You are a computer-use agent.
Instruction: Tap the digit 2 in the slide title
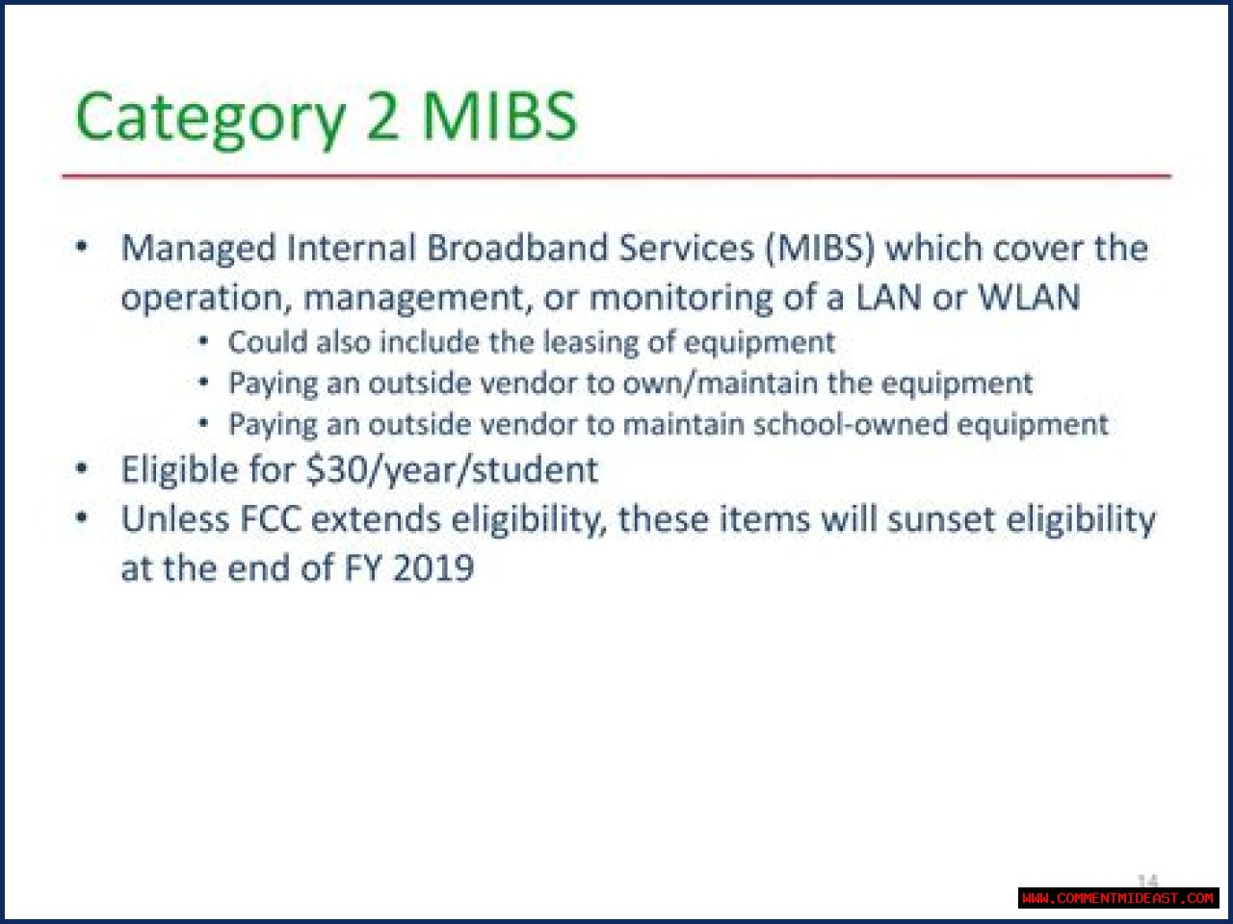pyautogui.click(x=382, y=116)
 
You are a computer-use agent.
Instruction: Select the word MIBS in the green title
pyautogui.click(x=499, y=116)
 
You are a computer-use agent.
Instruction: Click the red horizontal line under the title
pyautogui.click(x=616, y=175)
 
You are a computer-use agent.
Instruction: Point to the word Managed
pyautogui.click(x=198, y=249)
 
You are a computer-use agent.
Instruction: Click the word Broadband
pyautogui.click(x=517, y=248)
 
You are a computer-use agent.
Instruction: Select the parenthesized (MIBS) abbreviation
pyautogui.click(x=820, y=248)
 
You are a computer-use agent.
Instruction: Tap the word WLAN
pyautogui.click(x=1030, y=297)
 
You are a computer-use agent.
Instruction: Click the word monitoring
pyautogui.click(x=681, y=299)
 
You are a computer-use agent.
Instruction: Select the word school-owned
pyautogui.click(x=851, y=424)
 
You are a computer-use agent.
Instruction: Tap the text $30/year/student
pyautogui.click(x=452, y=470)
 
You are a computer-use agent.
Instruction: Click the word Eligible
pyautogui.click(x=180, y=470)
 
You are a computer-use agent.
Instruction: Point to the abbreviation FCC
pyautogui.click(x=271, y=519)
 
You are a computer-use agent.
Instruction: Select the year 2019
pyautogui.click(x=433, y=568)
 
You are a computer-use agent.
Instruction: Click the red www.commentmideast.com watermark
pyautogui.click(x=1117, y=898)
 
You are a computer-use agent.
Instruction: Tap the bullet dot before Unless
pyautogui.click(x=82, y=516)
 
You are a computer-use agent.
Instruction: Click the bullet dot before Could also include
pyautogui.click(x=204, y=340)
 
